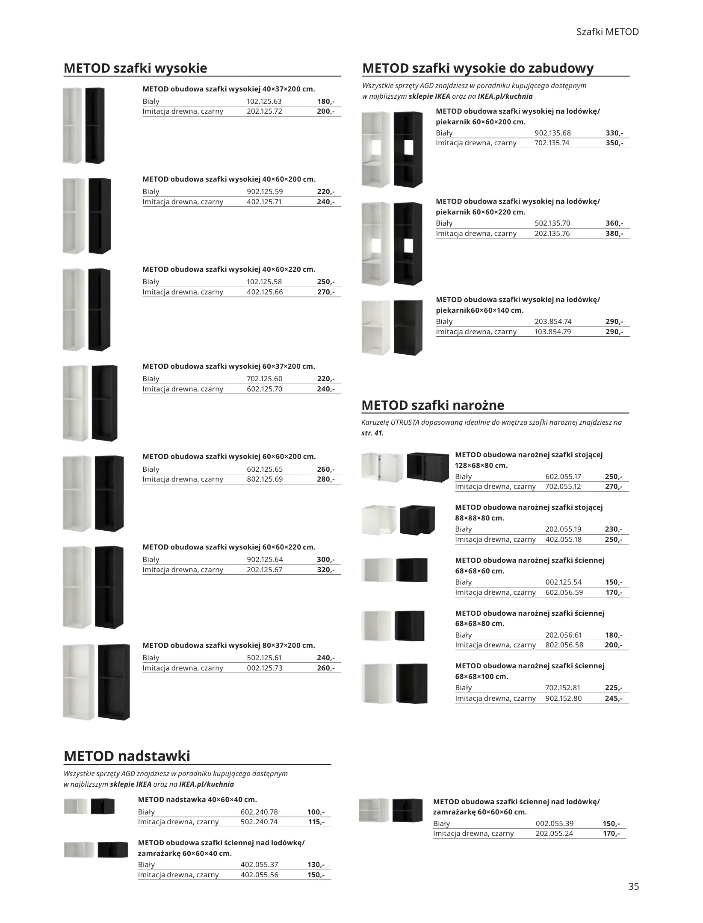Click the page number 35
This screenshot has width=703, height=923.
click(x=633, y=886)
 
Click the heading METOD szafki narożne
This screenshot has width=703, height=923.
click(x=433, y=405)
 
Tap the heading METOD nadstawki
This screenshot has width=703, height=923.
click(x=127, y=756)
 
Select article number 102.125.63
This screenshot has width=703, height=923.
click(x=264, y=102)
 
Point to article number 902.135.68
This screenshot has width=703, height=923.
click(x=552, y=133)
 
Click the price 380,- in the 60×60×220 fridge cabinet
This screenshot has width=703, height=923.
click(x=614, y=233)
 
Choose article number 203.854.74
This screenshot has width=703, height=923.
click(x=553, y=321)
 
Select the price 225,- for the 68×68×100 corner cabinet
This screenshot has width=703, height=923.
click(x=614, y=688)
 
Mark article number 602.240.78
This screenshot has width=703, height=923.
click(x=259, y=812)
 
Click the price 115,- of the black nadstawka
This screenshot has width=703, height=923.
click(x=316, y=822)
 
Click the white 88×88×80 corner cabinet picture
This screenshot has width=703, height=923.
click(x=379, y=519)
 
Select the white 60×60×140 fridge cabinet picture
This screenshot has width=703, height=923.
click(x=376, y=327)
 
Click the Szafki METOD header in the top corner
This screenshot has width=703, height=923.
click(x=607, y=32)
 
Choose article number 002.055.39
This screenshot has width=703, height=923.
click(x=554, y=823)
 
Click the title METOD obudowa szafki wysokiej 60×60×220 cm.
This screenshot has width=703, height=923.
click(x=229, y=547)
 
